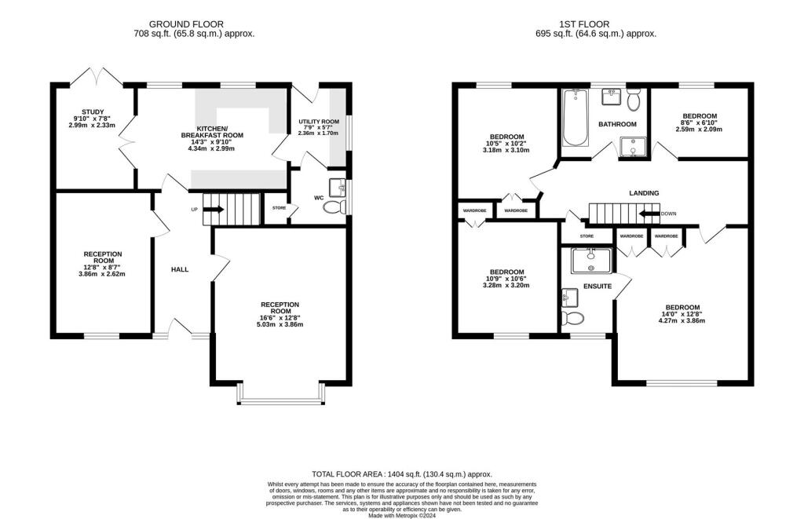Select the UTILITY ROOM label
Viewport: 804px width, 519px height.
click(x=319, y=122)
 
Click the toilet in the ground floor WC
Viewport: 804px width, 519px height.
click(x=335, y=207)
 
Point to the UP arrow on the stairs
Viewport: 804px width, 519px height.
click(x=213, y=210)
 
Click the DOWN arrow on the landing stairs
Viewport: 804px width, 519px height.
click(x=649, y=214)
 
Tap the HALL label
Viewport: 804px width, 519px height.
click(x=180, y=269)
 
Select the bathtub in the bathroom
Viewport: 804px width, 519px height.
click(x=575, y=119)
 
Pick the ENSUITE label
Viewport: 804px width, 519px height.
click(x=597, y=287)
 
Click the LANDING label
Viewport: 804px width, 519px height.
click(x=644, y=193)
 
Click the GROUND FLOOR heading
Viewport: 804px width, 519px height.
click(x=194, y=24)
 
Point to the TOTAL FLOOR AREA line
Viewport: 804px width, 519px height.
click(x=401, y=474)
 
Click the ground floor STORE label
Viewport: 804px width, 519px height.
click(x=279, y=208)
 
